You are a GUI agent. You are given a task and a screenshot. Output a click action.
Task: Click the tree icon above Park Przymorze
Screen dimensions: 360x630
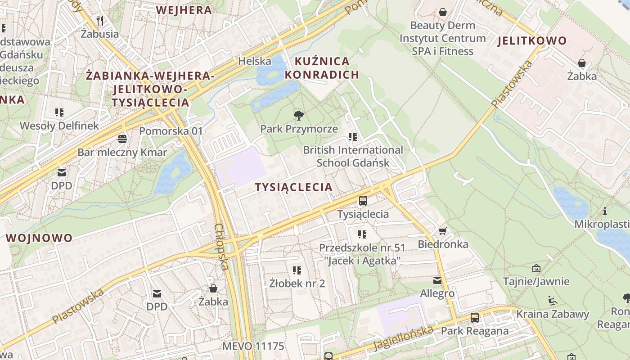[x=298, y=115]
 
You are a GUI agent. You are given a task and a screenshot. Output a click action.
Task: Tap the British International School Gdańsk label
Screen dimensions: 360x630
[x=353, y=156]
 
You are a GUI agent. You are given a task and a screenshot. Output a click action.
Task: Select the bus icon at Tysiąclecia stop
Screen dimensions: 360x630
[x=363, y=201]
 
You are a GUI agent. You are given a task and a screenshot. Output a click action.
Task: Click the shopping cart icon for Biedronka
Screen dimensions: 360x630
[x=443, y=231]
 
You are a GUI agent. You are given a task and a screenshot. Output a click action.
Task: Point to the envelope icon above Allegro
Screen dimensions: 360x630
[x=437, y=280]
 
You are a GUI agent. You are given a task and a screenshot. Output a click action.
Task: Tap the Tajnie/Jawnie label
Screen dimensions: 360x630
[x=536, y=282]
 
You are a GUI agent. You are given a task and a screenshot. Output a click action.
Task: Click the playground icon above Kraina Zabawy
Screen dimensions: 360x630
[x=552, y=300]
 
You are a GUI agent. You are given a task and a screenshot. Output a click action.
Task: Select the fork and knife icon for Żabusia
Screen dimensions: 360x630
[x=100, y=20]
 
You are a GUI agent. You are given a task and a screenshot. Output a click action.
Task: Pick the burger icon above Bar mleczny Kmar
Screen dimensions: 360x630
[x=122, y=139]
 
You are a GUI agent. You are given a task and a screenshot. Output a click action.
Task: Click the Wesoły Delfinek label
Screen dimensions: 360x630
[x=59, y=126]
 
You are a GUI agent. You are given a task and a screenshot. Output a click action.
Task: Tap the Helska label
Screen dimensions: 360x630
[x=255, y=61]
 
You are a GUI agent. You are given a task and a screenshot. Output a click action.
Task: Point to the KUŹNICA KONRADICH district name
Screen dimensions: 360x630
[x=322, y=68]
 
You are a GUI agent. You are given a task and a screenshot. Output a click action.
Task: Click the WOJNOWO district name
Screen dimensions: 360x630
[x=40, y=238]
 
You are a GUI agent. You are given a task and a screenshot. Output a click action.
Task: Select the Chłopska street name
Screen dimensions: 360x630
[x=221, y=247]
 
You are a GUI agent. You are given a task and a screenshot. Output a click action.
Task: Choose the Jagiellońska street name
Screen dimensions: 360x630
[x=404, y=337]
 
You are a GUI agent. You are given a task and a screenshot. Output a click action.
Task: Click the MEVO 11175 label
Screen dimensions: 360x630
[x=253, y=346]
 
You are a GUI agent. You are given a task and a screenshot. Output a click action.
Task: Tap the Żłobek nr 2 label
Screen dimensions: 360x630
[x=297, y=283]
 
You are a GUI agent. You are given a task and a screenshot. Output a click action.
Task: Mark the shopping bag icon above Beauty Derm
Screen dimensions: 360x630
[x=443, y=12]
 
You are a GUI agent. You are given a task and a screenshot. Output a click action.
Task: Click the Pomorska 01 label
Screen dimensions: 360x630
[x=171, y=131]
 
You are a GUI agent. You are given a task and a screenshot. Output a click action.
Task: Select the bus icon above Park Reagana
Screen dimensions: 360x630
[x=475, y=318]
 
